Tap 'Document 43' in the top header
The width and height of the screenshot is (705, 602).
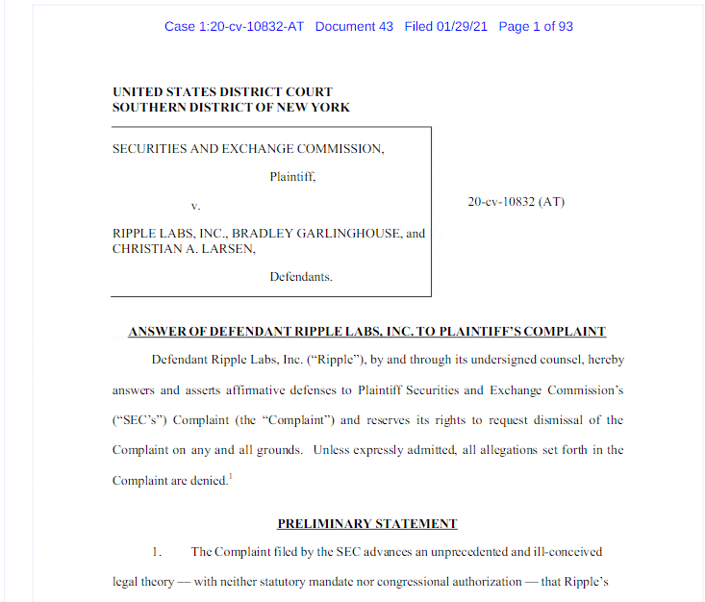(x=354, y=26)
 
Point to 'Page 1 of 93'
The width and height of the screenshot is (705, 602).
(x=536, y=26)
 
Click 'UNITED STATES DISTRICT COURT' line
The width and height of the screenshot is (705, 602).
(x=222, y=92)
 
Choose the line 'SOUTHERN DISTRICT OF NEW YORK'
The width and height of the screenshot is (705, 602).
(x=231, y=107)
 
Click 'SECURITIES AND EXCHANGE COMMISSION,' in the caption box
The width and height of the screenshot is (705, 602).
(x=248, y=149)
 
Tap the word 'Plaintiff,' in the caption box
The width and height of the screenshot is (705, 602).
(x=292, y=177)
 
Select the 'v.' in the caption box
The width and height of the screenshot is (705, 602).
(x=195, y=205)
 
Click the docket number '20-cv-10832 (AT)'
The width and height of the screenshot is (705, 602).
(x=516, y=202)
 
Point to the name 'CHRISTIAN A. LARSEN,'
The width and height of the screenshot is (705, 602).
(x=185, y=248)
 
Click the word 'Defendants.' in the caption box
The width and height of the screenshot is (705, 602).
(x=301, y=277)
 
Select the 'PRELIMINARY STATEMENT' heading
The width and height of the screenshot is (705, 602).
(x=367, y=524)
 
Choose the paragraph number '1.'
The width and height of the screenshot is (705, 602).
(x=158, y=552)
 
